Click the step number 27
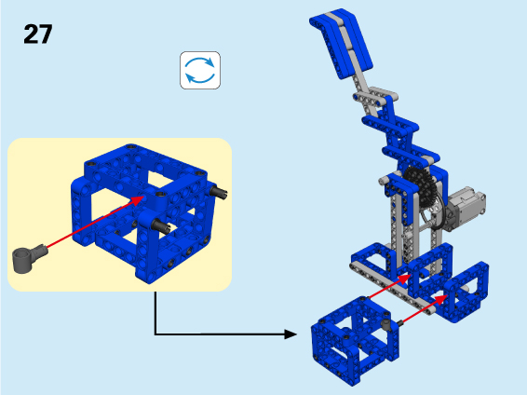click(38, 34)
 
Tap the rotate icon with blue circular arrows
click(200, 70)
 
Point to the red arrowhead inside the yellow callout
click(138, 200)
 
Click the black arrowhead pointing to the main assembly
click(291, 334)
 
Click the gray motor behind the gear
click(465, 208)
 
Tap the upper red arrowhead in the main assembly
click(404, 279)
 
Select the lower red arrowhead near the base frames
click(440, 300)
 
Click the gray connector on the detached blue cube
click(386, 323)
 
